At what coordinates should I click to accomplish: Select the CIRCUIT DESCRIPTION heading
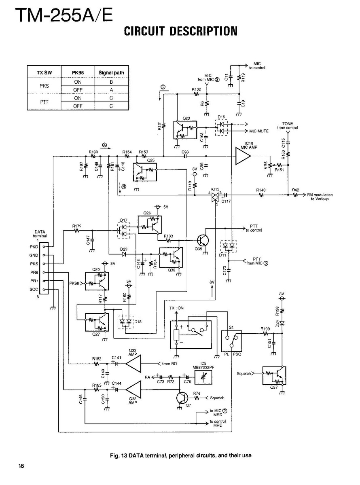tap(180, 31)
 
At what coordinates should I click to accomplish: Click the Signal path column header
tap(111, 73)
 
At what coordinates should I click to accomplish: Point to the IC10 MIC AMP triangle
tap(243, 157)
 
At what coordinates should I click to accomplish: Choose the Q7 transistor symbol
tap(182, 398)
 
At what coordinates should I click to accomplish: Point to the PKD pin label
tap(34, 246)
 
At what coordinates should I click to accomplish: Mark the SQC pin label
tap(34, 290)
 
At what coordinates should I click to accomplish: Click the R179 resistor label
tap(77, 226)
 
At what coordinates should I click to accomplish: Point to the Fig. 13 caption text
tap(180, 455)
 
